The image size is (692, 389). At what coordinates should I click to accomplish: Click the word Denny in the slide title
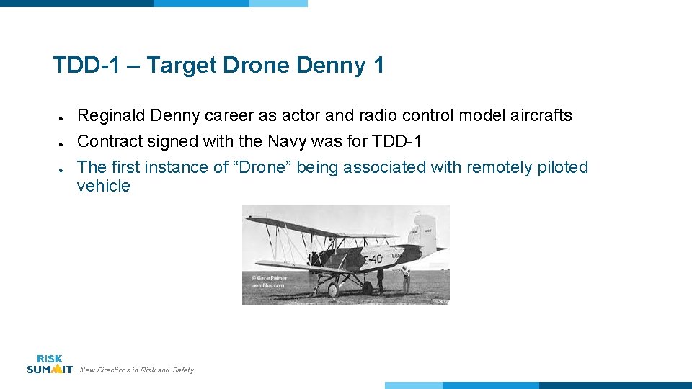332,66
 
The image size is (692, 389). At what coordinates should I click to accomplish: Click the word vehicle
104,186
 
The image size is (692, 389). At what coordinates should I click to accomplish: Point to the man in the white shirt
407,278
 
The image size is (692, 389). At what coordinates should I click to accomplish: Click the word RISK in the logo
49,359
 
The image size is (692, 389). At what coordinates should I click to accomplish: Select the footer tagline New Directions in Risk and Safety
136,370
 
